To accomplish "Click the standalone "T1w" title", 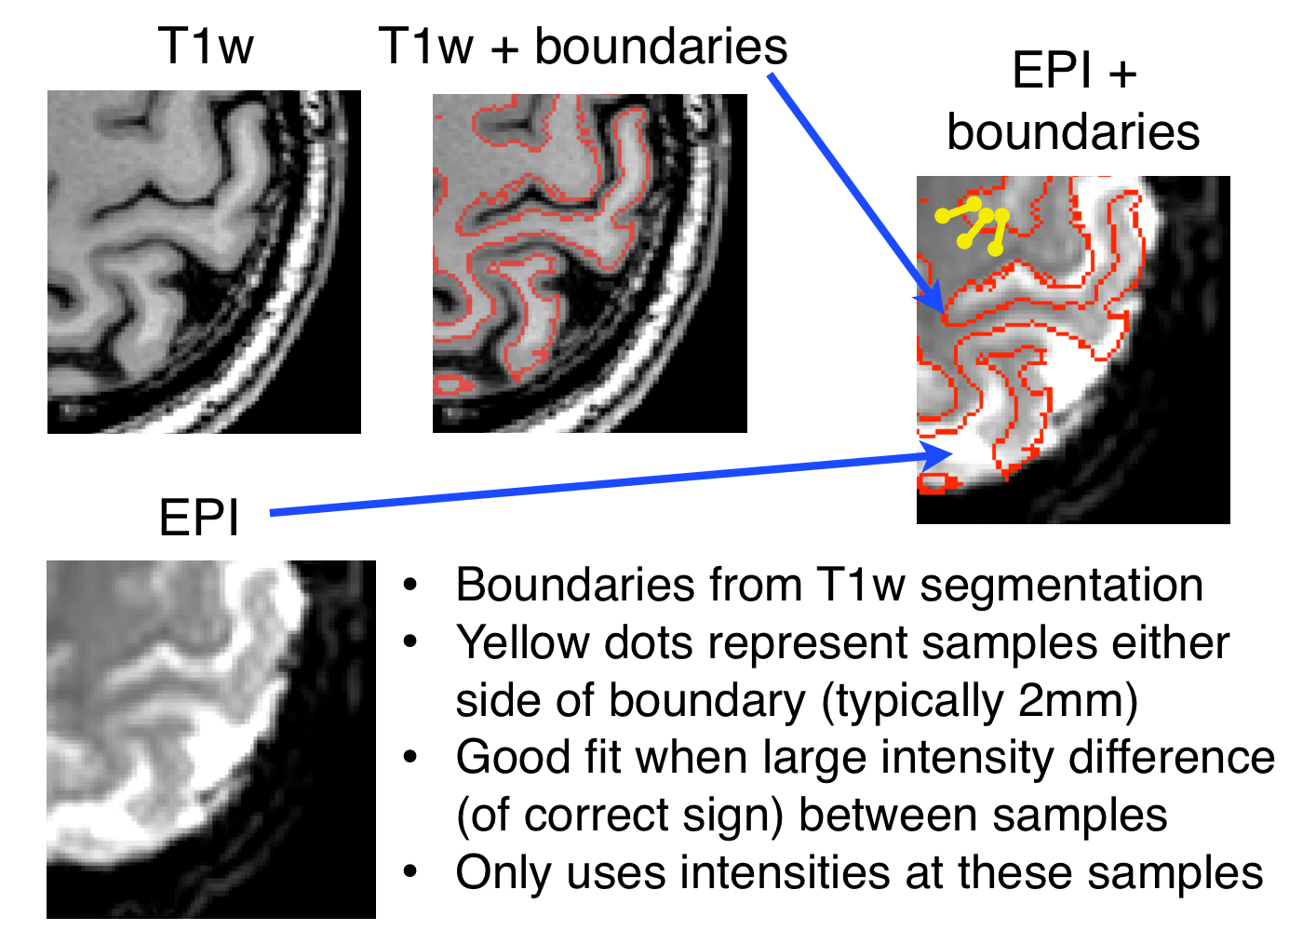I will pos(206,46).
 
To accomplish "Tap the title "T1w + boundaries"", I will pos(583,47).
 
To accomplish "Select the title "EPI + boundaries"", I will pos(1073,101).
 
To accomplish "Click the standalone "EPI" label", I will pos(199,517).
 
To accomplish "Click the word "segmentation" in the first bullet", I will pos(1062,586).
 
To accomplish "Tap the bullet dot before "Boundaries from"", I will pos(410,587).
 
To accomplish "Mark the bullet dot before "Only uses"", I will pos(410,873).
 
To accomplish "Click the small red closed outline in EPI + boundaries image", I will pos(933,482).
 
